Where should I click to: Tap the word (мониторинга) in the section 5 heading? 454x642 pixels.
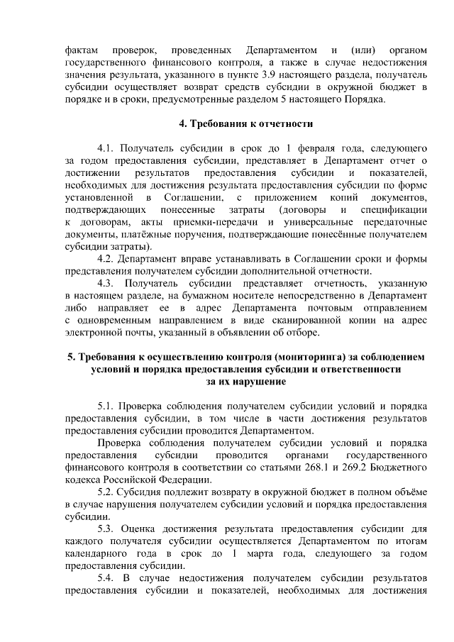coord(311,357)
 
